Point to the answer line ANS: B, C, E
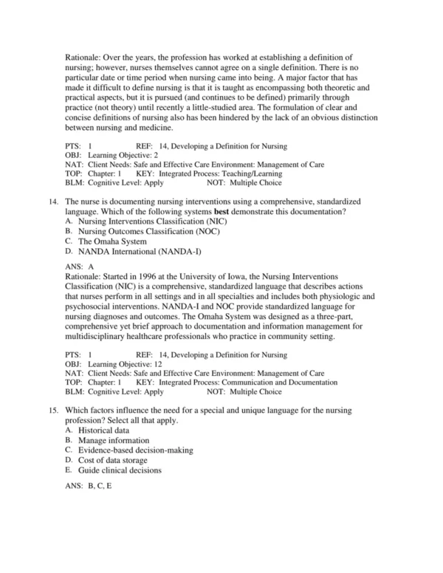click(89, 484)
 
